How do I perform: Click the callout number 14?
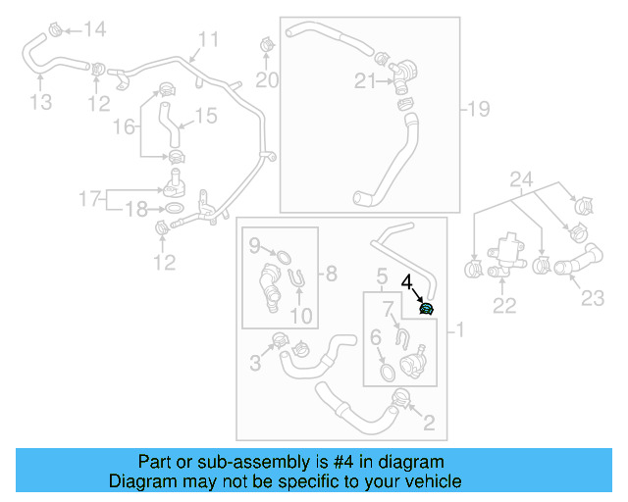pos(93,29)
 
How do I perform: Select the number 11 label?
pos(208,39)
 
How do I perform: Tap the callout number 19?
pos(478,107)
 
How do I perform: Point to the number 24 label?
pos(520,179)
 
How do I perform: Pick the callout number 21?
pos(365,82)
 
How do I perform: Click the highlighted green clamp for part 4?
pos(427,310)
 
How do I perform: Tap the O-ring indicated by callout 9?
pos(280,258)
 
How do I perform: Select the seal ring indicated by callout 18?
pos(173,210)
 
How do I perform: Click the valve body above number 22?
pos(507,249)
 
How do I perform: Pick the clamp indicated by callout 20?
pos(265,46)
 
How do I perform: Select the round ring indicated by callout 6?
pos(387,372)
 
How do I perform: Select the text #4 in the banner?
pos(328,462)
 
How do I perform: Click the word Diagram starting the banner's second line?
pos(139,481)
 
